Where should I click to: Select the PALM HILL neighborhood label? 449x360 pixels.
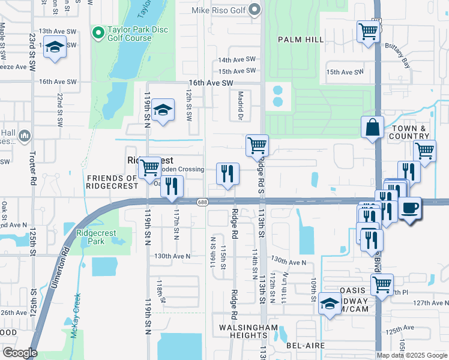click(301, 40)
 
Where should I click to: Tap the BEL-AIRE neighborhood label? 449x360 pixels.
click(305, 346)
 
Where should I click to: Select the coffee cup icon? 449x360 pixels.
click(410, 208)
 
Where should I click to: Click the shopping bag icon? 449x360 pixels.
click(372, 127)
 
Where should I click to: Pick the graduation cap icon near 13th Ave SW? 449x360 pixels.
click(55, 48)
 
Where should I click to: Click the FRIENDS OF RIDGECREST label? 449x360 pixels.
click(112, 182)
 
